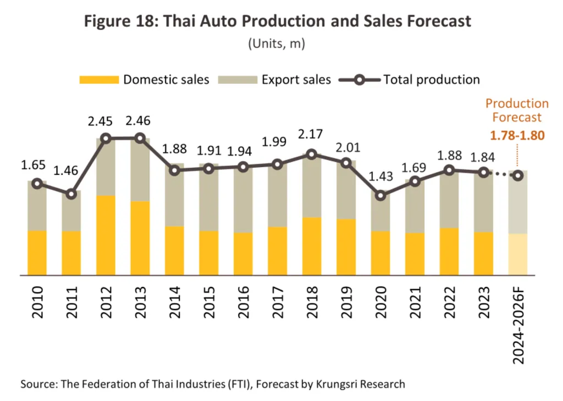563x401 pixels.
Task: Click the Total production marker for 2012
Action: [106, 138]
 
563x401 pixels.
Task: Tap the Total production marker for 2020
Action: [380, 195]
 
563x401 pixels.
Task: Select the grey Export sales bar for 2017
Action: [277, 195]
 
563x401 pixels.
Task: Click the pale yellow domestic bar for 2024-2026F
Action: [517, 254]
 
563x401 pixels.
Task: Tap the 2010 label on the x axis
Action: [37, 303]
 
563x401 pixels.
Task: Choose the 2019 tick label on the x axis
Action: [346, 303]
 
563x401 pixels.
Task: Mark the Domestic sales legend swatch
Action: [99, 80]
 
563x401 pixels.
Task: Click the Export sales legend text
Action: [296, 80]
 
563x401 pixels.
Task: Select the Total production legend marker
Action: [360, 80]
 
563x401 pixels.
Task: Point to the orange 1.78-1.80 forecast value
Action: [517, 135]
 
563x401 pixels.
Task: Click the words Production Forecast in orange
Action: [517, 110]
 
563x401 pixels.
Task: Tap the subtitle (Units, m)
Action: [277, 43]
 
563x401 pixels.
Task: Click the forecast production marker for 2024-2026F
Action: [517, 175]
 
